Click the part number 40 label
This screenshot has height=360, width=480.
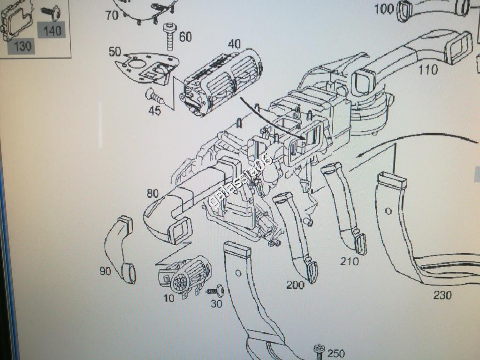pos(234,45)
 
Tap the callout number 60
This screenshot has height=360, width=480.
pos(185,37)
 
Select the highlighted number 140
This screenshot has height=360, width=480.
pos(52,31)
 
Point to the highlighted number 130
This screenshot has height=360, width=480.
pos(23,46)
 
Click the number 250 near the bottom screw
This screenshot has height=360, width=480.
pos(336,353)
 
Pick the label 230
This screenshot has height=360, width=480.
pos(442,295)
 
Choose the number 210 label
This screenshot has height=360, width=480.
pos(349,261)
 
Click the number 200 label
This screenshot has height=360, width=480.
pos(296,285)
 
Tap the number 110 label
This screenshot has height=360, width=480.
pos(428,70)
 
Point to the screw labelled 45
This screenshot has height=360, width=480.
pos(154,96)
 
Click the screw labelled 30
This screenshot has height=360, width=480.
pos(216,290)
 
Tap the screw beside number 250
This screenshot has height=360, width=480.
pos(319,352)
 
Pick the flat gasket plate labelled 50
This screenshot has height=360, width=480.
pos(145,69)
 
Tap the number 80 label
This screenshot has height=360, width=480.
pos(153,193)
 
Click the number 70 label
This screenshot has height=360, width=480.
pos(112,15)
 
